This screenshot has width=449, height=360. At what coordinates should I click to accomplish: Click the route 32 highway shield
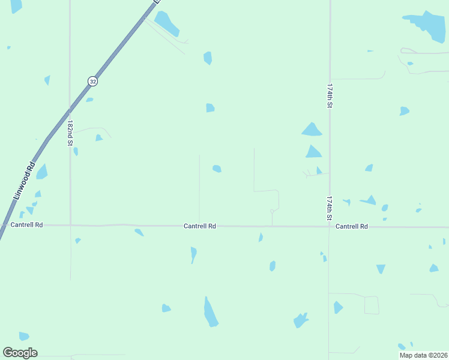point(92,80)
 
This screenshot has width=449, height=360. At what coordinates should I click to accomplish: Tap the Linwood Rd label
point(23,182)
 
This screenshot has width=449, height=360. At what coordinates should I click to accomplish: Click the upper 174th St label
point(330,95)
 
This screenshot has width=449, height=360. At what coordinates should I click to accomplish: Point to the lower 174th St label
point(330,208)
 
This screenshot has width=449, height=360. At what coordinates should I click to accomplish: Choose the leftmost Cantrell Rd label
point(27,225)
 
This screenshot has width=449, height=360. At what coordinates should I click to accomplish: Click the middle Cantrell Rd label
point(200,226)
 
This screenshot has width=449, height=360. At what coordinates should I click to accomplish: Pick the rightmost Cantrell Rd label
point(352,226)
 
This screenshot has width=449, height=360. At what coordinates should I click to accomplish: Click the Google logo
point(20,353)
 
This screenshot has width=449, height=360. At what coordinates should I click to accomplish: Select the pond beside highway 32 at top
point(167,23)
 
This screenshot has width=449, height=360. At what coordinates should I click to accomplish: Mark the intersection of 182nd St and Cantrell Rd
point(70,225)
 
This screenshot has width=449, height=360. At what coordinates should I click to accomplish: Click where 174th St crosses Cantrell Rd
point(329,227)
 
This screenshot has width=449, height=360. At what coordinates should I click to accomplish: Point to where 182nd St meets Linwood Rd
point(70,111)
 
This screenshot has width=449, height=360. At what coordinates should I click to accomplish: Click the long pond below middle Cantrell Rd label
point(210,311)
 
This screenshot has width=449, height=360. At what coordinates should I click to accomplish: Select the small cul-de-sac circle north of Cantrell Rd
point(272,211)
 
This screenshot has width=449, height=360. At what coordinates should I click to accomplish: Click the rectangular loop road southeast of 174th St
point(372,305)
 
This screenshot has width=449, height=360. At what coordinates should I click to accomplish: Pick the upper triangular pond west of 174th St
point(312,129)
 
